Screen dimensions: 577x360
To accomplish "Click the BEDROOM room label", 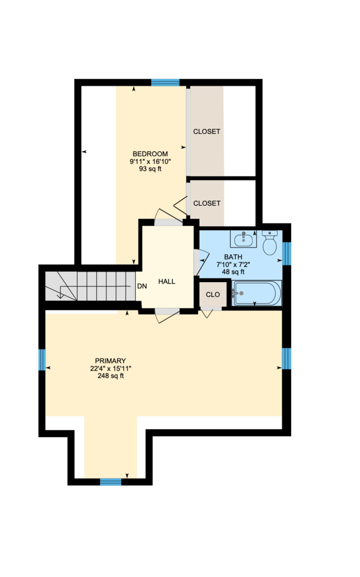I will tap(150, 154).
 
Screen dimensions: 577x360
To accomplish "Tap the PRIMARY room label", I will tap(111, 361).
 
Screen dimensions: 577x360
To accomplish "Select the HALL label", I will tap(167, 282).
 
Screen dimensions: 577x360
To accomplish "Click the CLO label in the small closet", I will tap(213, 294).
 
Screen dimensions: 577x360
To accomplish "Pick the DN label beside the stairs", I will tap(142, 286).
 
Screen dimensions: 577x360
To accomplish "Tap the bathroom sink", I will tap(244, 238).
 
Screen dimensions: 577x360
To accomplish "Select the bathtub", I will tap(256, 293).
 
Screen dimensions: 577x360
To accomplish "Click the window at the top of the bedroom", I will tap(165, 82).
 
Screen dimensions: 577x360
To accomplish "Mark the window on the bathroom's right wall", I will tap(287, 253).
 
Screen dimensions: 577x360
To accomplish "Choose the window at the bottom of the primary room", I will tap(111, 482).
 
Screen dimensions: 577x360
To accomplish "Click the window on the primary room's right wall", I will tap(286, 358).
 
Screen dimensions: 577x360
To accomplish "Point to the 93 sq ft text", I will tap(150, 169).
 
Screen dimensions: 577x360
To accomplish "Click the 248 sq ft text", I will tap(111, 376).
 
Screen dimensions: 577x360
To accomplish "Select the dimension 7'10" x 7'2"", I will tap(233, 264).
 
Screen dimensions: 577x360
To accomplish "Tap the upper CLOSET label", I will tap(207, 131).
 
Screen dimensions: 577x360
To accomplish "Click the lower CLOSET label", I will tap(207, 203).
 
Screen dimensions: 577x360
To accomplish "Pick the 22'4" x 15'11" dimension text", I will tap(111, 368).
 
